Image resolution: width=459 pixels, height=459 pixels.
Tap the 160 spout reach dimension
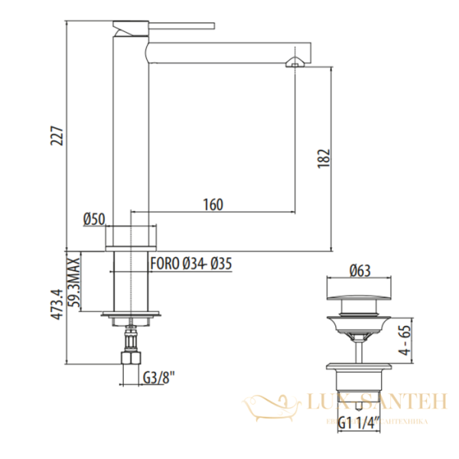(x=213, y=204)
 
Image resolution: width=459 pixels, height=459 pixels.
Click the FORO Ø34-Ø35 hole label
(x=191, y=263)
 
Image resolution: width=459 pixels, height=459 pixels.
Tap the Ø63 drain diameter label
(x=360, y=269)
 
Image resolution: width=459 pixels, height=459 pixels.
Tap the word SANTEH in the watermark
(x=398, y=400)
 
